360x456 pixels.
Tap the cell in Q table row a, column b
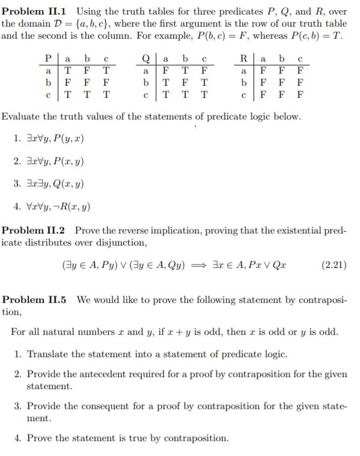[186, 71]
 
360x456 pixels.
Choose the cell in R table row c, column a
[264, 95]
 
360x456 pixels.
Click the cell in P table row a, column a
[67, 71]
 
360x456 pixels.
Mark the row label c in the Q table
[145, 95]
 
